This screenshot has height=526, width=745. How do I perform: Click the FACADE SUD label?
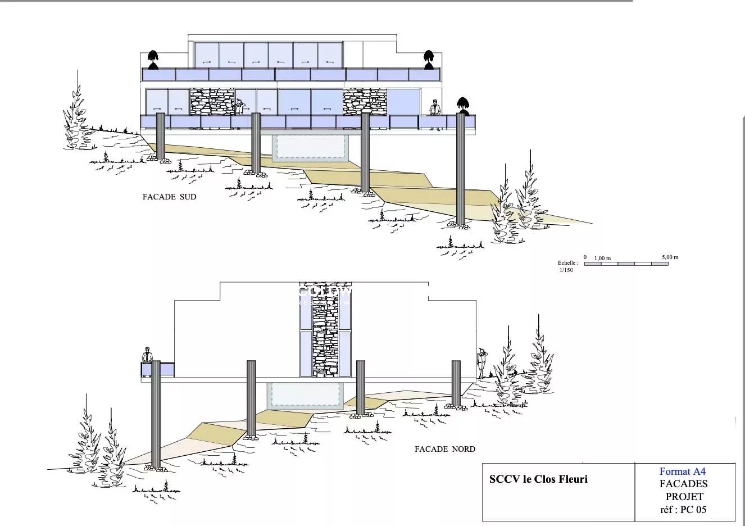pos(169,197)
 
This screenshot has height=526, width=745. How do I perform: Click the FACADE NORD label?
pos(444,449)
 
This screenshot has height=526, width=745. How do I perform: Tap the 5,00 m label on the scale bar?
pos(670,257)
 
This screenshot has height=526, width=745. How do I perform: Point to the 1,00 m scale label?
pos(602,258)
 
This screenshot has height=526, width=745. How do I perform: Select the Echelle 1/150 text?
pos(567,266)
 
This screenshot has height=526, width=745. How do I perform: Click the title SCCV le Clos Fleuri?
pos(538,479)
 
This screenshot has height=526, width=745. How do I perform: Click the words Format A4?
pos(682,472)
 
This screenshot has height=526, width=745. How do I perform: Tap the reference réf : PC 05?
pos(683,510)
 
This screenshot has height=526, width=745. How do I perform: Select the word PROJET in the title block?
pos(684,497)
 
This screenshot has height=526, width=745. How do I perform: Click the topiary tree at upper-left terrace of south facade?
pos(152,58)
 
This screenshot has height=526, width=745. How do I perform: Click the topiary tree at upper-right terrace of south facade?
pos(429,58)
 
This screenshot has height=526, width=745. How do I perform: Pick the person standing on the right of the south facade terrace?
pos(434,114)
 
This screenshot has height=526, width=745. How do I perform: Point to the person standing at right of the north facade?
pos(481,362)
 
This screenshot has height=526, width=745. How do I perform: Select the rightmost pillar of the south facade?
pos(461,169)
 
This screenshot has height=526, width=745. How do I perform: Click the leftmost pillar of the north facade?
pos(156,414)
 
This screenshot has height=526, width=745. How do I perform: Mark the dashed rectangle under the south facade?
pos(308,147)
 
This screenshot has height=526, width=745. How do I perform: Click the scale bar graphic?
pos(626,264)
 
